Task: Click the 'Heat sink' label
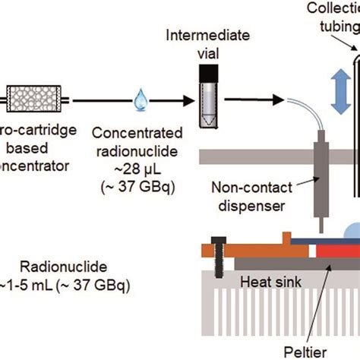tap(265, 282)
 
